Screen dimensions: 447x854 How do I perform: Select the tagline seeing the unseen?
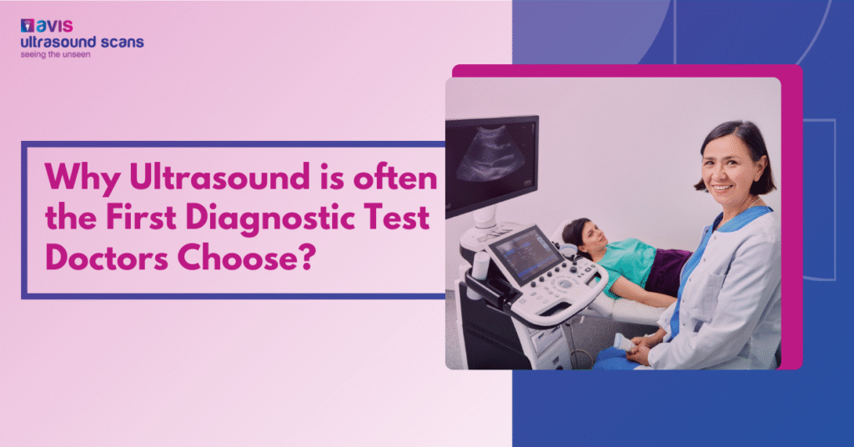tap(55, 54)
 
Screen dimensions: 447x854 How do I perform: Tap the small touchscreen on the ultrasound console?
tap(515, 249)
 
